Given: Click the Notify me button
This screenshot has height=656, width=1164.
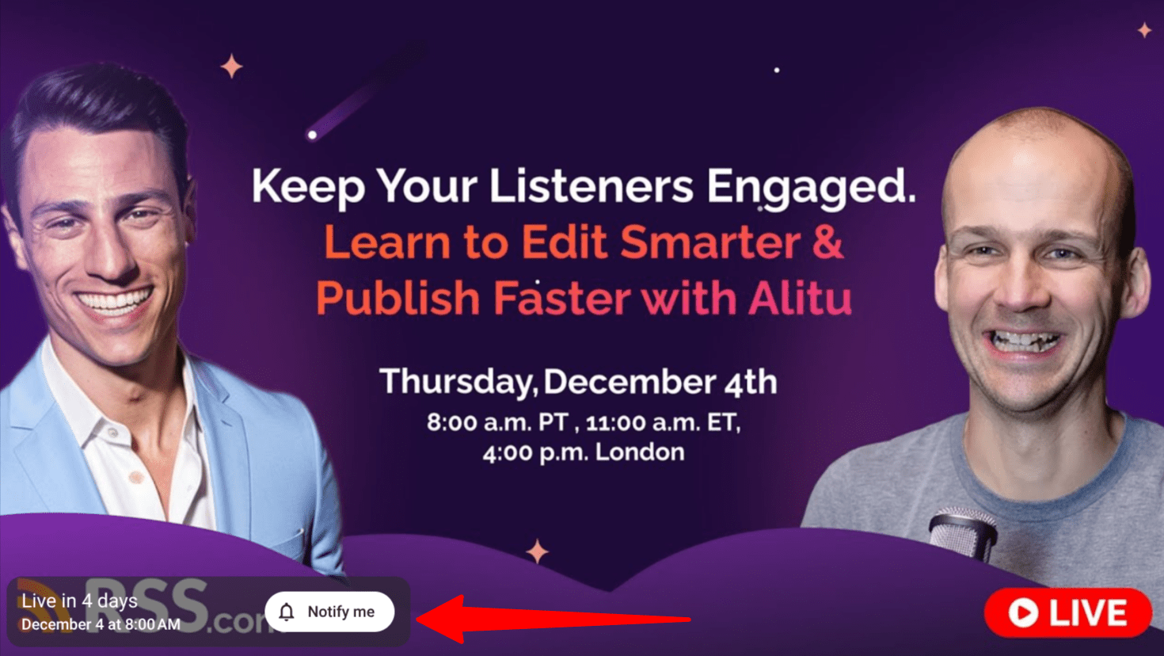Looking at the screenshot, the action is coord(329,612).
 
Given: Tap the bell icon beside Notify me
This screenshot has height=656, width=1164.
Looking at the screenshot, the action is coord(287,612).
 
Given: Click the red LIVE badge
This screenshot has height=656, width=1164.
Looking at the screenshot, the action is coord(1068,613).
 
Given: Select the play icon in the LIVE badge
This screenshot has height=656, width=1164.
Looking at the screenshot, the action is coord(1023,613).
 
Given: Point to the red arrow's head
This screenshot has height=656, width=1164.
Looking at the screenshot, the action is coord(440,619).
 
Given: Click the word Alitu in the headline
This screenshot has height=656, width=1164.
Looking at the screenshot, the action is coord(800,298).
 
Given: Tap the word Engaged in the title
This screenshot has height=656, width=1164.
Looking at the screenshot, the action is coord(811,187).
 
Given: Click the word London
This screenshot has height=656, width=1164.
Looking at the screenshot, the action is coord(640,452).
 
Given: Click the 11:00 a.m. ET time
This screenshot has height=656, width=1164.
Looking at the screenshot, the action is coord(663,422).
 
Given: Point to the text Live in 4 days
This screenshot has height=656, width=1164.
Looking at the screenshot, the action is coord(79,601).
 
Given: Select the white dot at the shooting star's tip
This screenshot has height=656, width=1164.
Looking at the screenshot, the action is coord(312,135).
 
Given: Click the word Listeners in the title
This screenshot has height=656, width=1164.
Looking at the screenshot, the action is coord(592,186).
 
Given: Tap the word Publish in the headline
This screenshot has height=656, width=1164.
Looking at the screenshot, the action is coord(398,298).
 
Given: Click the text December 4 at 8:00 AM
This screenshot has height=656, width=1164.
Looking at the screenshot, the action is coord(101,624).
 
